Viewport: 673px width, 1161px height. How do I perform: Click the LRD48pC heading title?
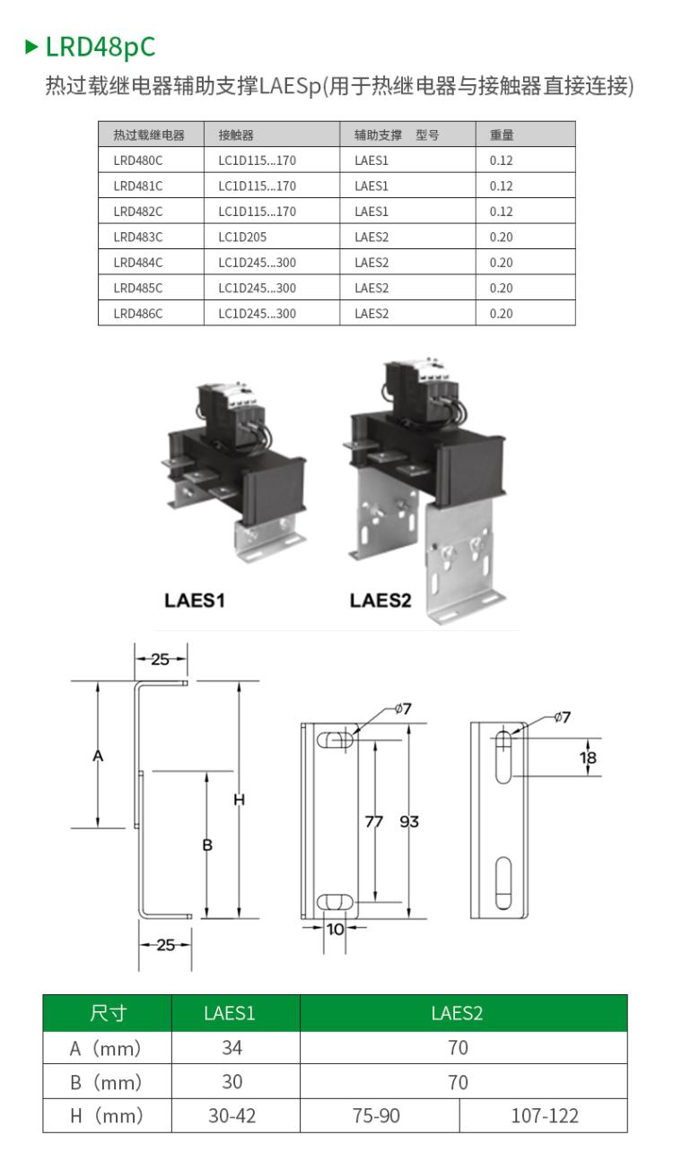tap(101, 48)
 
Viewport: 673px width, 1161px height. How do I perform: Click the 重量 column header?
tap(502, 134)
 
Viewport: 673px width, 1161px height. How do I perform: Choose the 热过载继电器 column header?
tap(149, 134)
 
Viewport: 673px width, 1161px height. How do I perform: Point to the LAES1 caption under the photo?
tap(195, 600)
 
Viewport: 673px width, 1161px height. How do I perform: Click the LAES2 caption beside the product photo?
tap(380, 600)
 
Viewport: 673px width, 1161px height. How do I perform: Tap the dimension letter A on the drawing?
tap(98, 756)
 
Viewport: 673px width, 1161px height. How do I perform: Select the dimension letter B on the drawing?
tap(207, 845)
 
